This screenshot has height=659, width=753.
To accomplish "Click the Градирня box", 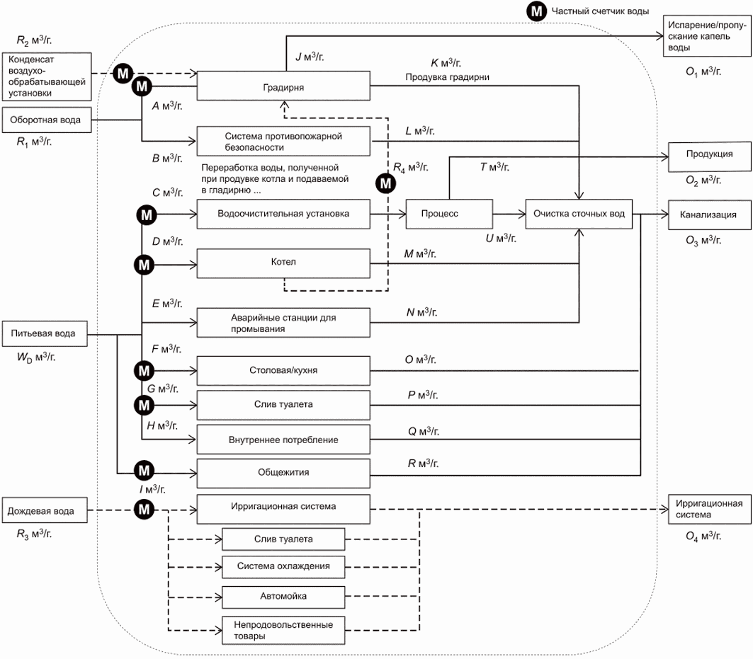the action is point(283,86).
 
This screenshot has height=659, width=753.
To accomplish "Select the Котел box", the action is point(283,263).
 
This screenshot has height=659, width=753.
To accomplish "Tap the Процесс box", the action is point(449,214).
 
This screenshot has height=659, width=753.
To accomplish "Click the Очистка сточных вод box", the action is point(579,214).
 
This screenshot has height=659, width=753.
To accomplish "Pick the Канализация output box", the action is point(710,215).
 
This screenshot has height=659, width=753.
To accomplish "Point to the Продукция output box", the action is point(710,157).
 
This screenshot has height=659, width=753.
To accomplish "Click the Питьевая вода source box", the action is point(45,334).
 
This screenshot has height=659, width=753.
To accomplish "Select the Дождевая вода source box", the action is point(45,510).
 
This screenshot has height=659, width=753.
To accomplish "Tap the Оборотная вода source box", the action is point(47,120).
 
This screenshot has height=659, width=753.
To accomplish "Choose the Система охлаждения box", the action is point(283,567).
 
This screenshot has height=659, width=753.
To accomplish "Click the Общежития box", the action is point(283,474).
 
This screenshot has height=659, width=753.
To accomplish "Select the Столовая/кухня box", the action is point(283,370).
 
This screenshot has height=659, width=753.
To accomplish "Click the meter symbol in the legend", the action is point(536,11).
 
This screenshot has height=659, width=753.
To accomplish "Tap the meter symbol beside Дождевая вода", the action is point(144,509).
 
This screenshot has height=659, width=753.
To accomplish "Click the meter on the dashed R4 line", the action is point(385,183).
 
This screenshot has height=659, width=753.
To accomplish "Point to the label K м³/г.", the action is point(446,63).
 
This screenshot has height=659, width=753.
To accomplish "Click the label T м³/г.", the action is point(494,167).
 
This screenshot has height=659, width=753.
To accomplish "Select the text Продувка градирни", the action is point(447,77).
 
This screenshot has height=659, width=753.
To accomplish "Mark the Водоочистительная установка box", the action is point(283,214).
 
